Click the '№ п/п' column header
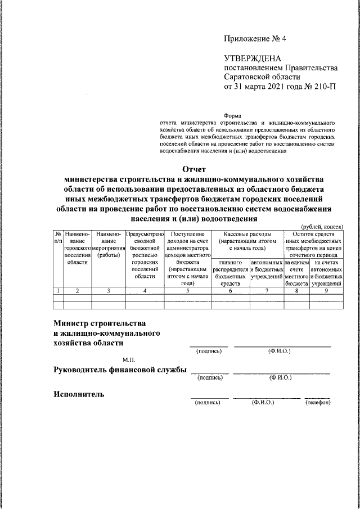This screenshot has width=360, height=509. tap(58, 237)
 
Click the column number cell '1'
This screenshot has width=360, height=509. tap(58, 290)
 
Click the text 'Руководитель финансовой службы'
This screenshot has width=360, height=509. tap(119, 370)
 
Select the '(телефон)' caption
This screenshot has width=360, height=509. tap(318, 403)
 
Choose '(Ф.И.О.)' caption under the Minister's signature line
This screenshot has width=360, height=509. tap(280, 352)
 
